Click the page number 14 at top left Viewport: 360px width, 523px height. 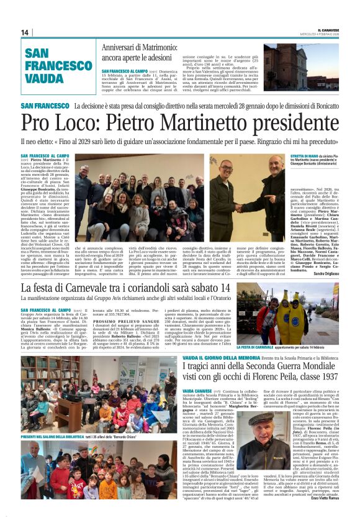[x=25, y=32]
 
